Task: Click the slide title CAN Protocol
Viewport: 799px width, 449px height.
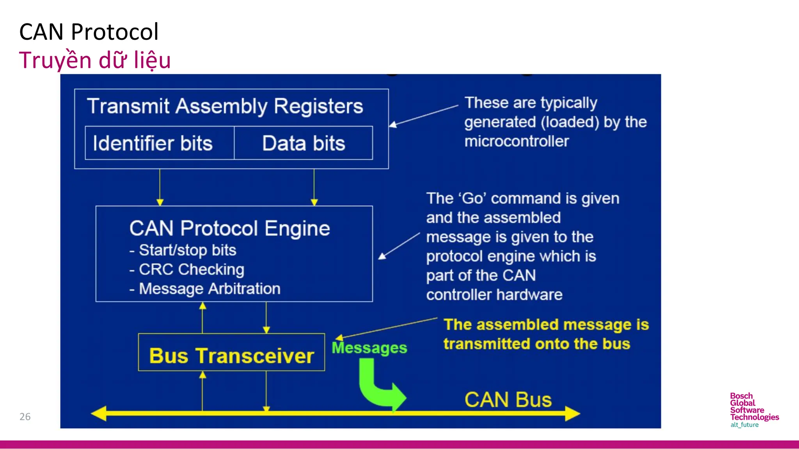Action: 89,32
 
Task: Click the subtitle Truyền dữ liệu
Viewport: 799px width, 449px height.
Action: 95,60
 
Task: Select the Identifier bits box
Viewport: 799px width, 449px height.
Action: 153,143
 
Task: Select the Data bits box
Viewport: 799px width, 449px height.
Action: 304,143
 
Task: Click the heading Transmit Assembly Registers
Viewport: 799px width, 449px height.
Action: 225,106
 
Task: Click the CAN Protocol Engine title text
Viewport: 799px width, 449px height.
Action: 229,228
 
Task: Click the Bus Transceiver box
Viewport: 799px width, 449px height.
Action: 231,355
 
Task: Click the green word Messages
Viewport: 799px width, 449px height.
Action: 369,348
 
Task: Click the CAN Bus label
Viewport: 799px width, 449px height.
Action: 508,400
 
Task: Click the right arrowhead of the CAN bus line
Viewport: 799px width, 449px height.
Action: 572,413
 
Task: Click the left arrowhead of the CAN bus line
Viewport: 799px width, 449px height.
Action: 99,413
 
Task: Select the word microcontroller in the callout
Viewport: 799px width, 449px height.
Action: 517,141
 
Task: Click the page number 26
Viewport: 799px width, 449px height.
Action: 25,417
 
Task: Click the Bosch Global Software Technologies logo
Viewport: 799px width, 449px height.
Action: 754,410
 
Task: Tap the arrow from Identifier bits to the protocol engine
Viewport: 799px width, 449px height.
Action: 160,187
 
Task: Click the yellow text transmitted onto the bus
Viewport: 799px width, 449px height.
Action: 537,344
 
